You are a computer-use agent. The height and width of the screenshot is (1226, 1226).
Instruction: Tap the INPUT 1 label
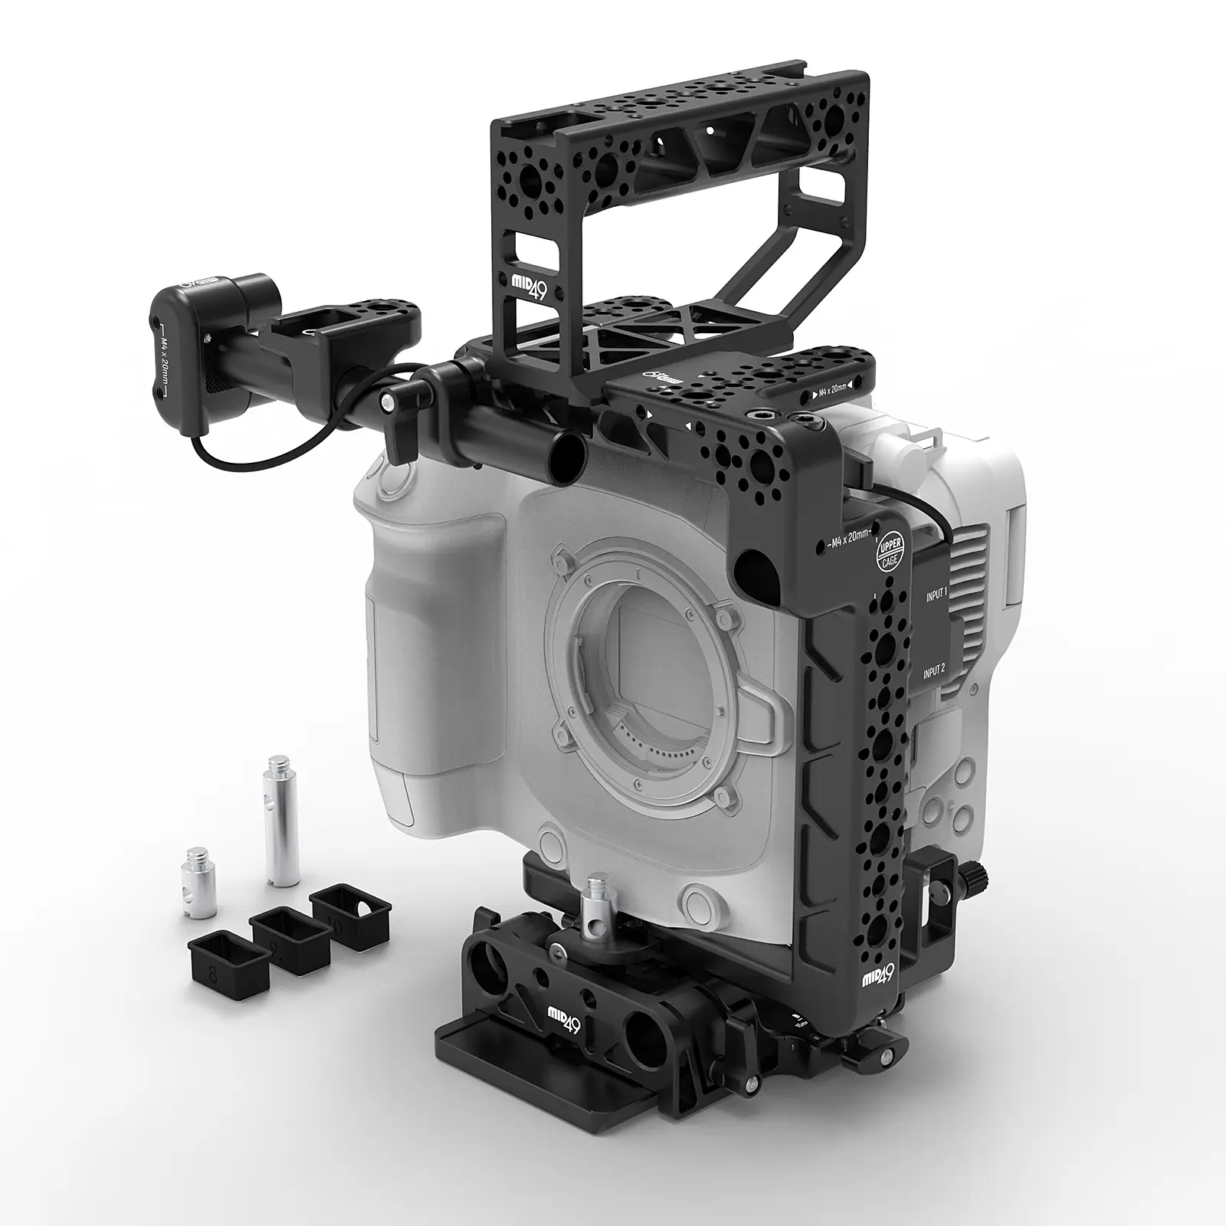pyautogui.click(x=935, y=592)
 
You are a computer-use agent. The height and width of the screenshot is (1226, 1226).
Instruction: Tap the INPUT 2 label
pyautogui.click(x=934, y=670)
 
